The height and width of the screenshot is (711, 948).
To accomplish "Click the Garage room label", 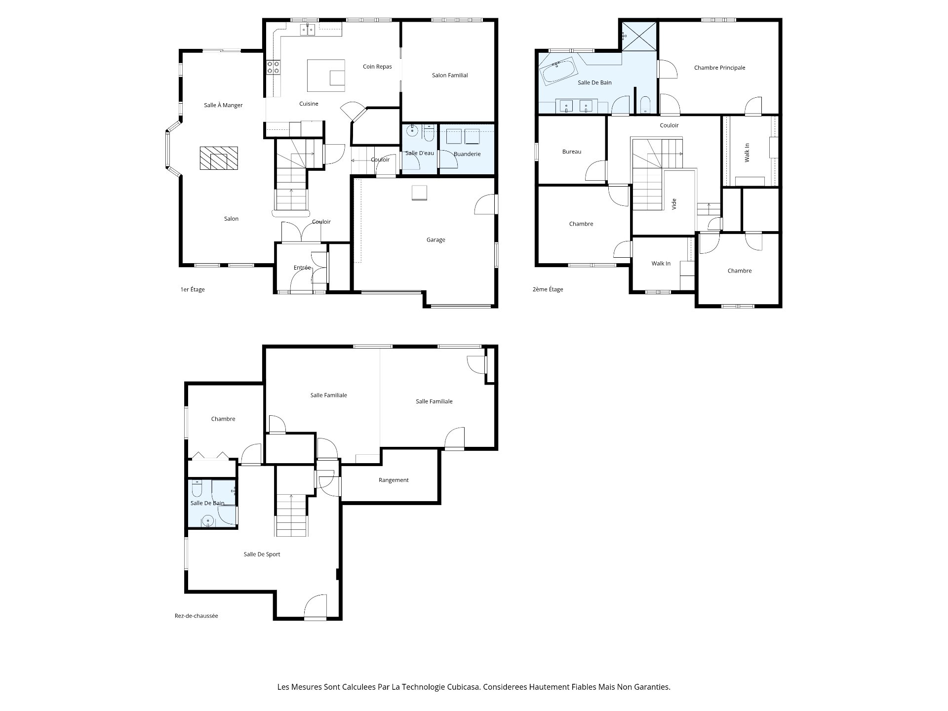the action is click(435, 240).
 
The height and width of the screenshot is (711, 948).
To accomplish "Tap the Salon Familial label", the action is click(450, 76).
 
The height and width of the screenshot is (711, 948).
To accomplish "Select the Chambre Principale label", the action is click(719, 68).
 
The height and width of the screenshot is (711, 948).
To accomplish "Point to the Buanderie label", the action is click(467, 154).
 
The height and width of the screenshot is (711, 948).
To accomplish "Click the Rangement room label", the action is click(394, 480).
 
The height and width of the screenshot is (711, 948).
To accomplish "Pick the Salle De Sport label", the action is click(262, 554).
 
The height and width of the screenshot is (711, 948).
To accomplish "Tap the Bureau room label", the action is click(572, 152).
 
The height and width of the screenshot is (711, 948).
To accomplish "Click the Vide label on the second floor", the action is click(674, 204).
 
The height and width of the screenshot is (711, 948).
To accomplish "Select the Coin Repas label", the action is click(377, 67).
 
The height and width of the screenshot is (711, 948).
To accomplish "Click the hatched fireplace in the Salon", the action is click(218, 158).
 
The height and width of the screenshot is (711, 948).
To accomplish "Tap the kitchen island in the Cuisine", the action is click(326, 76).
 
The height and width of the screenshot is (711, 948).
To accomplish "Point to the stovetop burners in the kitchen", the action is click(274, 68).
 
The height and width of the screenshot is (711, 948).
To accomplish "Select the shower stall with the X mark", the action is click(639, 36).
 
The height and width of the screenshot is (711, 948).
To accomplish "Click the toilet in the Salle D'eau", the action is click(429, 133).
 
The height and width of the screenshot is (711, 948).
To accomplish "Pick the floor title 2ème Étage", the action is click(548, 289).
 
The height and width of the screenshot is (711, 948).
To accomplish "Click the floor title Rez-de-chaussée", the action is click(196, 616).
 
